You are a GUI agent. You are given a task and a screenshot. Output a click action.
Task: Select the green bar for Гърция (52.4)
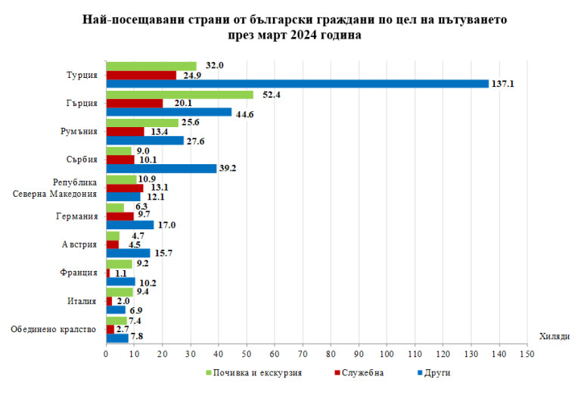[x=179, y=95]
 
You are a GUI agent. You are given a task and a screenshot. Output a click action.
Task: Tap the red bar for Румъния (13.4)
[x=125, y=131]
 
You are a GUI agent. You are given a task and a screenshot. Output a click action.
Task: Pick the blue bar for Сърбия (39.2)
[x=160, y=169]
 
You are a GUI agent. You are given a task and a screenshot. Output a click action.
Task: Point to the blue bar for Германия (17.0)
[x=129, y=225]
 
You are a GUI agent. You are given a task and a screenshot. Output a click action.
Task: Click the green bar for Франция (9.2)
[x=119, y=264]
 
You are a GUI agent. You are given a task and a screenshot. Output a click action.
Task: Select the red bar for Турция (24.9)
[x=141, y=75]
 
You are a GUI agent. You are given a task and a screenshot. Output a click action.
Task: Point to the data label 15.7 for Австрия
[x=163, y=253]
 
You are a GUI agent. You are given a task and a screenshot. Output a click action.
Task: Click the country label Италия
[x=81, y=301]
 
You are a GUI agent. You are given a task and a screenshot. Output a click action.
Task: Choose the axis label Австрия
[x=79, y=245]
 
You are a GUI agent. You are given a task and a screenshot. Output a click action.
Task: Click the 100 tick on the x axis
[x=387, y=353]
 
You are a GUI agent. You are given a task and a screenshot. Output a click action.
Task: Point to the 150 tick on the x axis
[x=527, y=353]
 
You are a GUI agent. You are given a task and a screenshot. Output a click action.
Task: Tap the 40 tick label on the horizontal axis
[x=218, y=353]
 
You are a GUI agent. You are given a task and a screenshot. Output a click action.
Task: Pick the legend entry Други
[x=437, y=372]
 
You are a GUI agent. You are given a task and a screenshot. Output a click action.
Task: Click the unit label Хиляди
[x=555, y=335]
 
